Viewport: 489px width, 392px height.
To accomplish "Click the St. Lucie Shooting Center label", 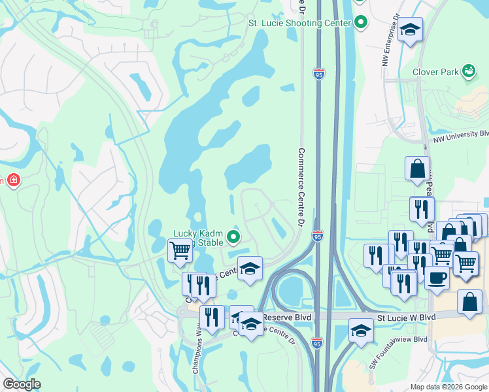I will point(299,23).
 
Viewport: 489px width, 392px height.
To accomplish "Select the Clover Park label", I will point(435,72).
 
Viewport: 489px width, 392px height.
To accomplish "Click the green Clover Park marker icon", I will point(469,70).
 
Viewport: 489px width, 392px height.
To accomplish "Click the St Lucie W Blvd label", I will point(406,316).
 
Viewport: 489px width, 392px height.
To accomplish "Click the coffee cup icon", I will point(437,276).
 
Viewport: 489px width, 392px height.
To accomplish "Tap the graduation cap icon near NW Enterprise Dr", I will point(410,30).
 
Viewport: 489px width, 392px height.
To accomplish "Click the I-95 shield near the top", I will point(318,74).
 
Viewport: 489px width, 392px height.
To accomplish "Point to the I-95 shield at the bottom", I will point(317,342).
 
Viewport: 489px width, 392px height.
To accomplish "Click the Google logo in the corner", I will point(22,384).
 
